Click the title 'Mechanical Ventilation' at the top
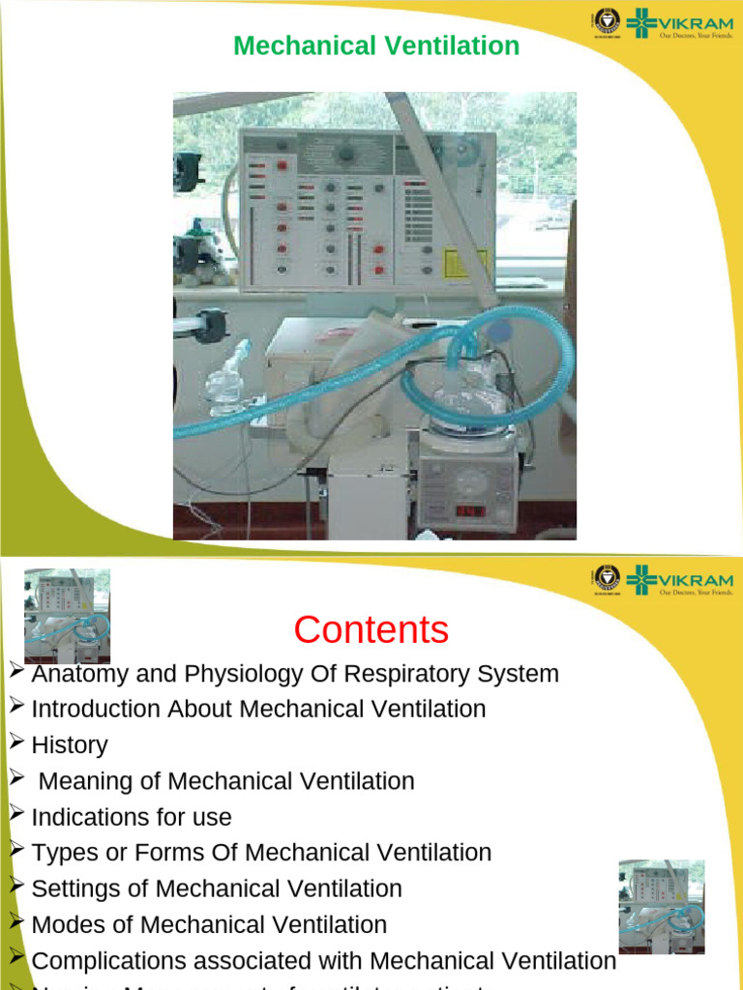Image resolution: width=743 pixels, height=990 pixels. pyautogui.click(x=376, y=45)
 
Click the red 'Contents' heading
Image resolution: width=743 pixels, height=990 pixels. pyautogui.click(x=371, y=630)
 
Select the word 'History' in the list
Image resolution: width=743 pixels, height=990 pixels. pyautogui.click(x=70, y=745)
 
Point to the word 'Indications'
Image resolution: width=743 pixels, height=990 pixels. pyautogui.click(x=83, y=817)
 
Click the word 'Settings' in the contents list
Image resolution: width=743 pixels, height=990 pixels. pyautogui.click(x=76, y=888)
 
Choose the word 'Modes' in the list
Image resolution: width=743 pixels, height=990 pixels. pyautogui.click(x=67, y=924)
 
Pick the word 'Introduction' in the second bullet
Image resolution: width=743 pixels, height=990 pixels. pyautogui.click(x=96, y=710)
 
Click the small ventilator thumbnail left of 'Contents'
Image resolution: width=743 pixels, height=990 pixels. pyautogui.click(x=67, y=615)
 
